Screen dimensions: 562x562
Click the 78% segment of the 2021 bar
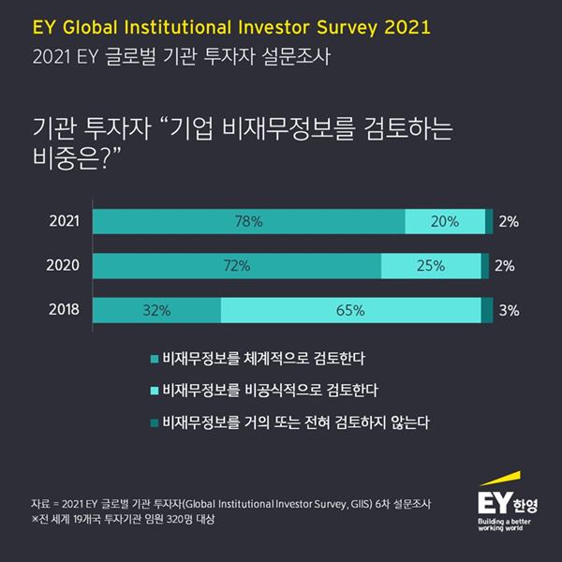tap(249, 222)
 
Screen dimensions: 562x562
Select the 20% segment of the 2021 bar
tap(445, 222)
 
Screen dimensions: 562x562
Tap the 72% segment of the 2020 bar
tap(237, 266)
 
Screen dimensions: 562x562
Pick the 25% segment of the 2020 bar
tap(431, 266)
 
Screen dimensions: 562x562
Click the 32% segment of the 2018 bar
tap(156, 310)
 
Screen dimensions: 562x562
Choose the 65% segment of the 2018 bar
tap(350, 310)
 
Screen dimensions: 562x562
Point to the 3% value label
tap(509, 310)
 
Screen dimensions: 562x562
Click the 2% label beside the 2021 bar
tap(509, 222)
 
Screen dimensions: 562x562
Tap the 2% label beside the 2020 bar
tap(505, 266)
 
